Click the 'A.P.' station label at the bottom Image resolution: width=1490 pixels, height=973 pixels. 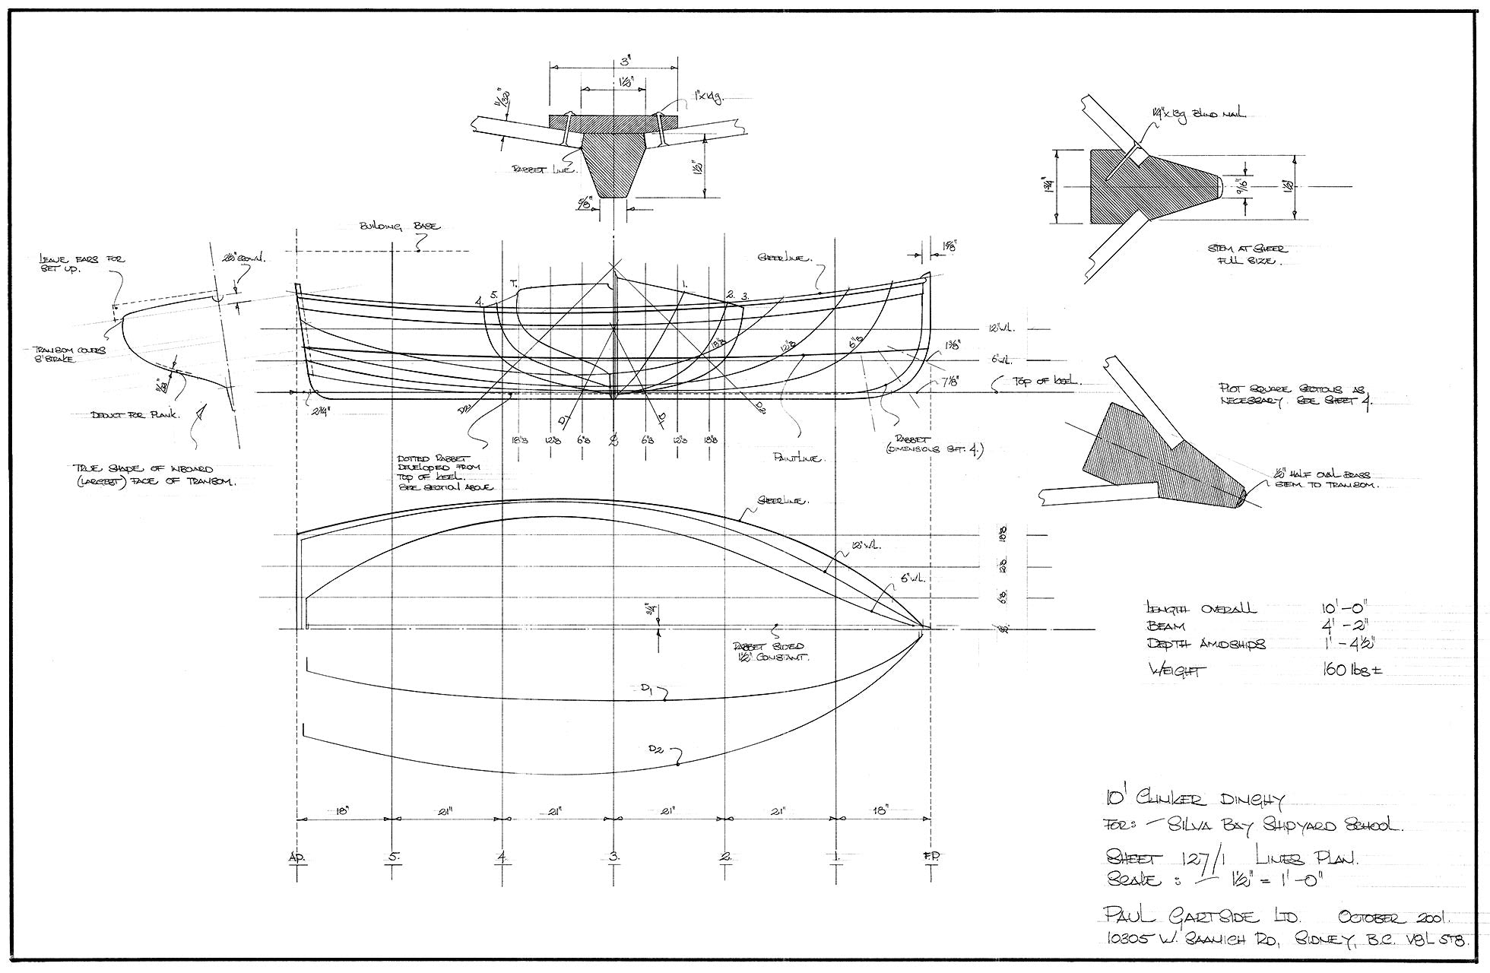[296, 857]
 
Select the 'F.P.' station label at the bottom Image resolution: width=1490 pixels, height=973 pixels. [932, 857]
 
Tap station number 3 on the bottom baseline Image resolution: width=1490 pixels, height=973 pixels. [613, 857]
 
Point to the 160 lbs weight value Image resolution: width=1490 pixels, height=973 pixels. [1350, 671]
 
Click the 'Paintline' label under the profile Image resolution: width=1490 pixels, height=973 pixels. [795, 458]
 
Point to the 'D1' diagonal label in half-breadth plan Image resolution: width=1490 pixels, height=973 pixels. [647, 689]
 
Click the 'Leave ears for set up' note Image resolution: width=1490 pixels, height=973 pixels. [81, 264]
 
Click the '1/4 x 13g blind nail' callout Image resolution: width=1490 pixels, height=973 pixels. [1196, 115]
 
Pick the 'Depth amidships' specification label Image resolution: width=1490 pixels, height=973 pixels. [1206, 645]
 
